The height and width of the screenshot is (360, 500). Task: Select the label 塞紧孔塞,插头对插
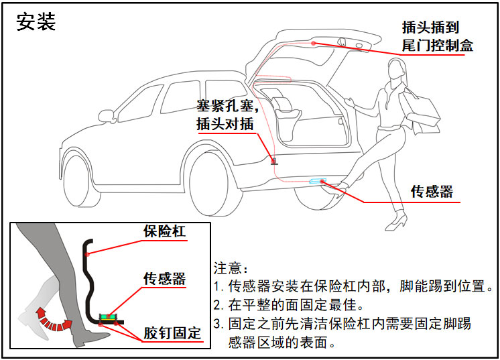click(x=227, y=115)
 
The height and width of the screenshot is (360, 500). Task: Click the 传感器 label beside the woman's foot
click(x=432, y=191)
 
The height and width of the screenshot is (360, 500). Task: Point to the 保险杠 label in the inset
click(x=164, y=231)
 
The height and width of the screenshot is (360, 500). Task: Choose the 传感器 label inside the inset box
click(x=164, y=278)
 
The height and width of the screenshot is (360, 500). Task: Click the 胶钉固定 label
click(x=172, y=333)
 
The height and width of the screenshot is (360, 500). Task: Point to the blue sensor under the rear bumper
click(x=317, y=181)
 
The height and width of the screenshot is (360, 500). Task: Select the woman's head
click(x=395, y=69)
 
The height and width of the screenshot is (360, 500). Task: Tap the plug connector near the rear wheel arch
click(x=273, y=160)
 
